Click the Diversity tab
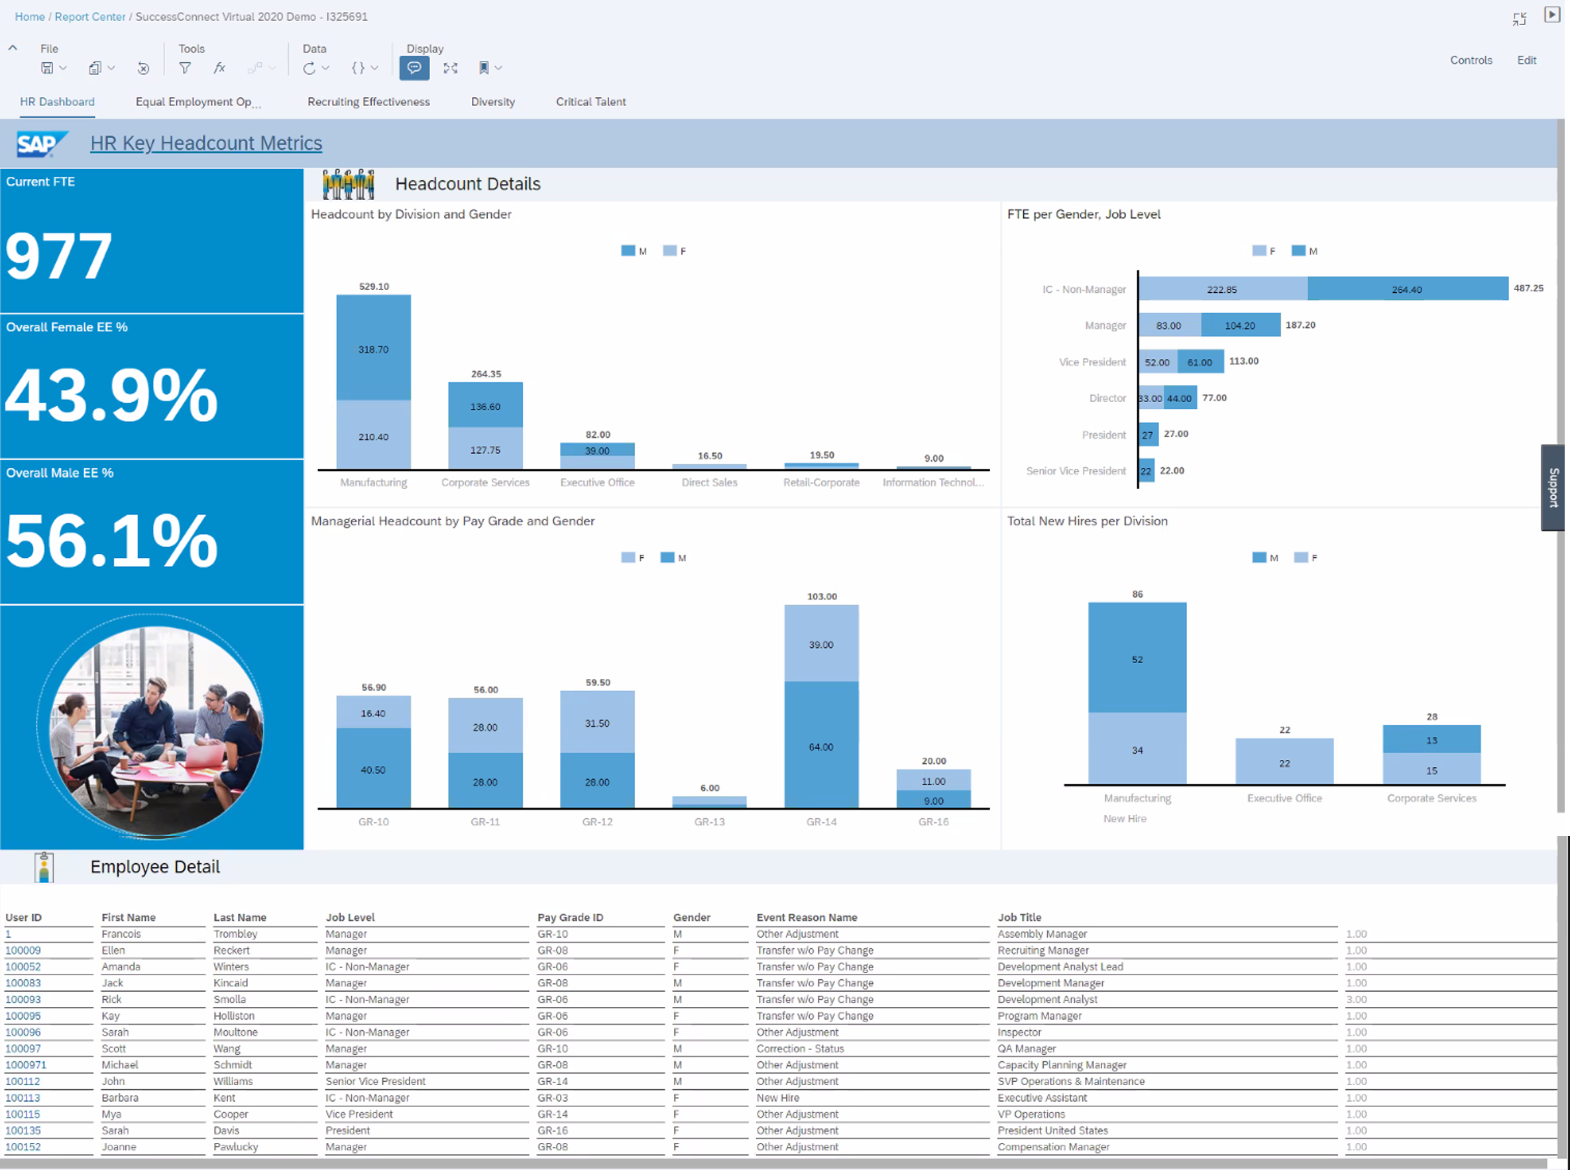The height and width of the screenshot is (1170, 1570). pos(492,101)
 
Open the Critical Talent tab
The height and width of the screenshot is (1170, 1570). pos(590,101)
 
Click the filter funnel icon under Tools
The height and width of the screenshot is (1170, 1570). pos(185,68)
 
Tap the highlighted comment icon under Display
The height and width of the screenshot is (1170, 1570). pos(414,68)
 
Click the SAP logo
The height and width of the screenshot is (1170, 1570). pos(41,144)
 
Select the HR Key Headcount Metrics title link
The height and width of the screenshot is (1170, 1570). pos(205,143)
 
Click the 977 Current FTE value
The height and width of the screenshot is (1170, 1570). pos(59,256)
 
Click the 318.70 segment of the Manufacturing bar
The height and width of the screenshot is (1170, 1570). pos(373,348)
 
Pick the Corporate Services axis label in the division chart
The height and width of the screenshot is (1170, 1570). pos(484,482)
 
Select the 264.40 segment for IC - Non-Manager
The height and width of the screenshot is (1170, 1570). pos(1406,289)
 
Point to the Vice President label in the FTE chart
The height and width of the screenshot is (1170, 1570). pos(1092,362)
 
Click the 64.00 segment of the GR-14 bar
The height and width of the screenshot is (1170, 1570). pos(820,747)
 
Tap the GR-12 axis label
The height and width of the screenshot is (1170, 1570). pos(596,822)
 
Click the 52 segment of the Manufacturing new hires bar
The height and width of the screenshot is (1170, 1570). pos(1137,659)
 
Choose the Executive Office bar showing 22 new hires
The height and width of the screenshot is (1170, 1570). pos(1284,762)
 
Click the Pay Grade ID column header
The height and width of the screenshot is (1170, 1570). pos(570,917)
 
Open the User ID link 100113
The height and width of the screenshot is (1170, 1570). pos(23,1098)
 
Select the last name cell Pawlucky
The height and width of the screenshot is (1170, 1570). pos(235,1147)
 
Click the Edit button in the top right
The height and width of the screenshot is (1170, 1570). pos(1526,60)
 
